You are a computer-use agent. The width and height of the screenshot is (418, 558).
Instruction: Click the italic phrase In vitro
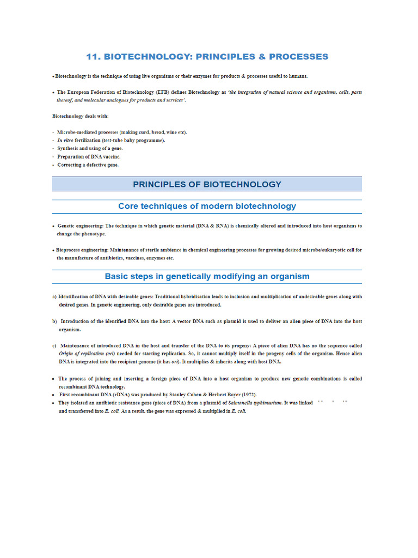[67, 140]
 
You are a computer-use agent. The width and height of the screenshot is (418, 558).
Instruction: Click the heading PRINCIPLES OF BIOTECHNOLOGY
[207, 184]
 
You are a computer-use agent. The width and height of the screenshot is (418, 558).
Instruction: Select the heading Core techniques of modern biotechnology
[207, 206]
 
